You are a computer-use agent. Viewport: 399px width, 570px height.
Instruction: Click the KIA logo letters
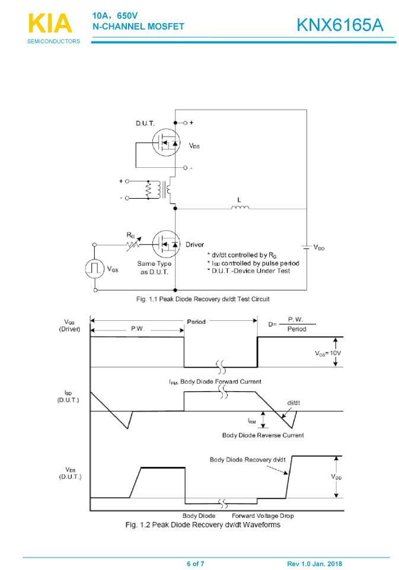click(50, 23)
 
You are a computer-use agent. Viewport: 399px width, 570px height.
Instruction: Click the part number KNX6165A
click(340, 25)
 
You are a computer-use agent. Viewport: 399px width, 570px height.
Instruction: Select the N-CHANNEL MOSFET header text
click(138, 26)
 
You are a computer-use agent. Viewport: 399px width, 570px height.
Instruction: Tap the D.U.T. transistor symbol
click(167, 142)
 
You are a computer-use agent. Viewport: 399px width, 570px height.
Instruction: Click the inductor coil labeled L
click(240, 207)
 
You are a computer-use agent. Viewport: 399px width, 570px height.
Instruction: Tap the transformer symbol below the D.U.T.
click(160, 189)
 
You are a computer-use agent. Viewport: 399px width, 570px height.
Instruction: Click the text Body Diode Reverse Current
click(263, 435)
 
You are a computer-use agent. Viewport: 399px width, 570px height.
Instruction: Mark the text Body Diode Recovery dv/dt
click(247, 460)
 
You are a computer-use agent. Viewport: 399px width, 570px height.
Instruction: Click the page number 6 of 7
click(196, 563)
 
